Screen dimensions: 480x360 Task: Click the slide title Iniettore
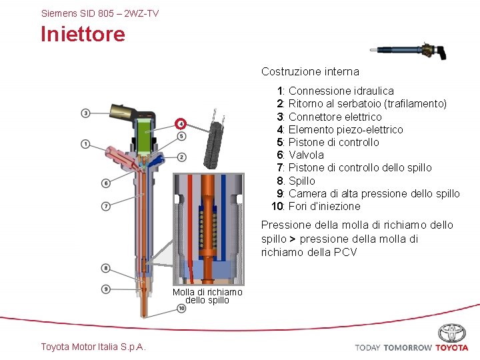(x=83, y=34)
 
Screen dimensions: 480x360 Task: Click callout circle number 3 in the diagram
(x=86, y=113)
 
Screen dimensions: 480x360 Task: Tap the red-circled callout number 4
(x=181, y=123)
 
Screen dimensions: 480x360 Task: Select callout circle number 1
(x=86, y=144)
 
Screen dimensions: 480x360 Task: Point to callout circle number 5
(x=181, y=137)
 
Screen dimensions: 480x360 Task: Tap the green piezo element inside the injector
(x=146, y=139)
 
